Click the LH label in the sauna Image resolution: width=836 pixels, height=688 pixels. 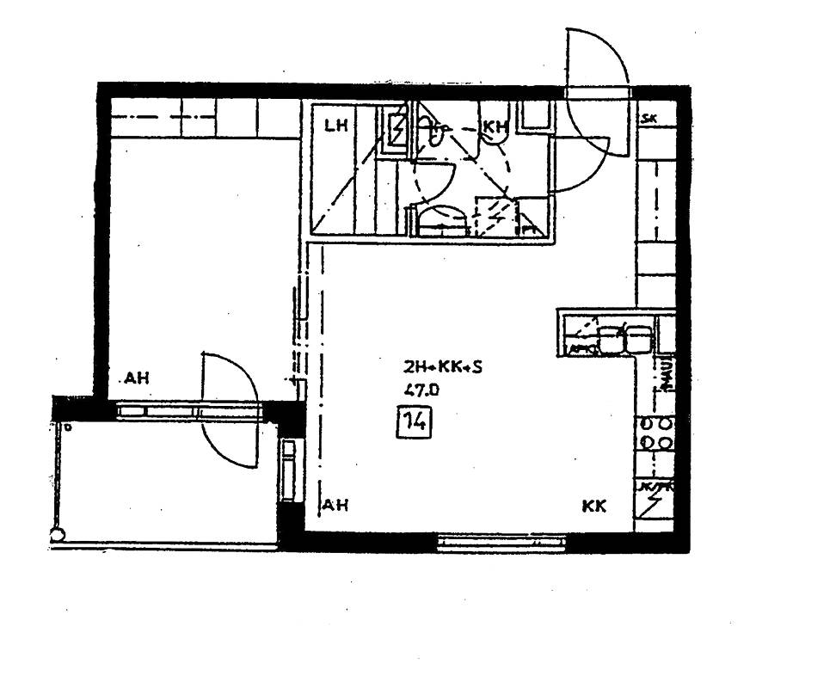[x=335, y=126]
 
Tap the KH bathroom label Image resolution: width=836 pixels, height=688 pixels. [x=494, y=127]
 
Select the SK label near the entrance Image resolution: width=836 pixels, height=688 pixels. [x=649, y=120]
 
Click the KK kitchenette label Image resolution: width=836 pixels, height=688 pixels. [x=594, y=507]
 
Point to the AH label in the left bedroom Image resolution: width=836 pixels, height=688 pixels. [x=137, y=378]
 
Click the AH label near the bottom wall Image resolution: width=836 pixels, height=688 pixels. [x=336, y=506]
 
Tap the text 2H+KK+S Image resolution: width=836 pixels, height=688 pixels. [x=443, y=367]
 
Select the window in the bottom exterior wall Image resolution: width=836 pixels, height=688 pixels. [x=501, y=542]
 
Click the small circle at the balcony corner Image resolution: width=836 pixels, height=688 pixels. [x=58, y=536]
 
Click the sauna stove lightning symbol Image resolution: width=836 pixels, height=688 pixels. [x=398, y=132]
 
